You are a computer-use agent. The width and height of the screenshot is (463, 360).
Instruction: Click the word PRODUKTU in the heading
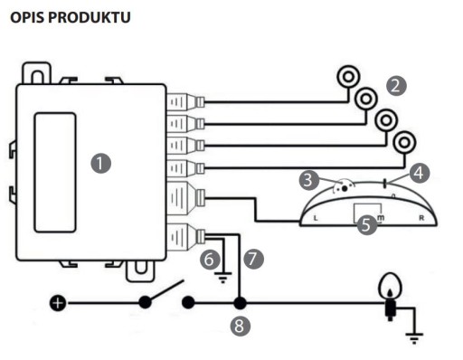(90, 17)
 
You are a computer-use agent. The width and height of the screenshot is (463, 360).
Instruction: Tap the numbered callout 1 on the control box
(101, 164)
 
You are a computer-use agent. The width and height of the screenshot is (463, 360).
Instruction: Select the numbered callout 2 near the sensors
(396, 86)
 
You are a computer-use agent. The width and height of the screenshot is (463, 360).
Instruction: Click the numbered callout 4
(420, 174)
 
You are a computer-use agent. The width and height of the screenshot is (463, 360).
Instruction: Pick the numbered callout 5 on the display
(367, 224)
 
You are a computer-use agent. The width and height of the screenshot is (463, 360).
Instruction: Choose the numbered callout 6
(210, 260)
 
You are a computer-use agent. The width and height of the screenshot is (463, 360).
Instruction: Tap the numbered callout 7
(253, 259)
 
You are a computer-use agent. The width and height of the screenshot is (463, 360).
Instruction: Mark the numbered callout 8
(241, 326)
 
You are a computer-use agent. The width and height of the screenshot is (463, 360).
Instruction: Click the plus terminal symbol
(58, 303)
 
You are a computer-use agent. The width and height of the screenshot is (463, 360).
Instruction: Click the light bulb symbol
(390, 297)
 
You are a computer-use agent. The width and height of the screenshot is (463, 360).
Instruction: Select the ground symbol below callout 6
(222, 278)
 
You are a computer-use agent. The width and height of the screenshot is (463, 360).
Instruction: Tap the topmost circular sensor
(348, 77)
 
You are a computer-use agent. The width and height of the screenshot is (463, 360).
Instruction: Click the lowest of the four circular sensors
(404, 142)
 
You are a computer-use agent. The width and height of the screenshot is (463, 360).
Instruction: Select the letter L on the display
(316, 218)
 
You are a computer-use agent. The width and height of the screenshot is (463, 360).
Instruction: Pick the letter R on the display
(421, 218)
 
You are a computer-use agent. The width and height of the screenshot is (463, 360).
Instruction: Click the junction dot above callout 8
(240, 303)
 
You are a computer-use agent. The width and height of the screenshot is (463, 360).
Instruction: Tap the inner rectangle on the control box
(55, 173)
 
